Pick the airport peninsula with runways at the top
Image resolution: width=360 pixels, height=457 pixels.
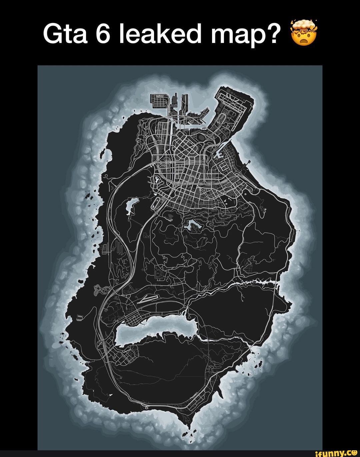click(x=233, y=107)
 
